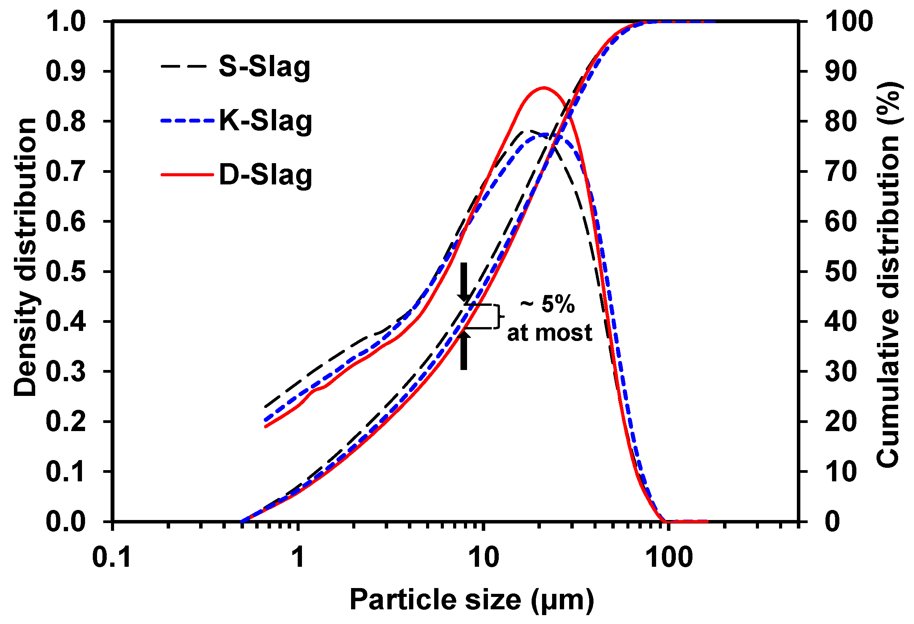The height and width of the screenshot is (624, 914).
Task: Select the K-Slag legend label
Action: (265, 121)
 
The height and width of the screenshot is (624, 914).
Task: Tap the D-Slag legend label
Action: (265, 175)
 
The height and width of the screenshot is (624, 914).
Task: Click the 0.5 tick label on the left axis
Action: (66, 272)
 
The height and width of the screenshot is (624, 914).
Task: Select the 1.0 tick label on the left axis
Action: (66, 22)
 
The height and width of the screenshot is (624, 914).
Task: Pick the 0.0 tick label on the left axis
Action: (66, 522)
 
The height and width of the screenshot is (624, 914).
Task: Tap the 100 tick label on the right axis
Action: (849, 22)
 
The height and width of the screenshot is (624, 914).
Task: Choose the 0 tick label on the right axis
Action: (832, 522)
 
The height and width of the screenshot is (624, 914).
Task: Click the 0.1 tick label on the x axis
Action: (112, 558)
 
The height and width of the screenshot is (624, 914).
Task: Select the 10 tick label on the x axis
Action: (484, 558)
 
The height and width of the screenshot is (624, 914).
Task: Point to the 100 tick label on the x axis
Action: (669, 558)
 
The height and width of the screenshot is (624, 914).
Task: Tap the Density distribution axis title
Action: (25, 257)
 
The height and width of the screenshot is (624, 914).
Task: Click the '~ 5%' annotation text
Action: (547, 304)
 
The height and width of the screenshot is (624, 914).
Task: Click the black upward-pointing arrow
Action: (464, 350)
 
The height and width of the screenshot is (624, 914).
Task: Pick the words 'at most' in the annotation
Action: (549, 333)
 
